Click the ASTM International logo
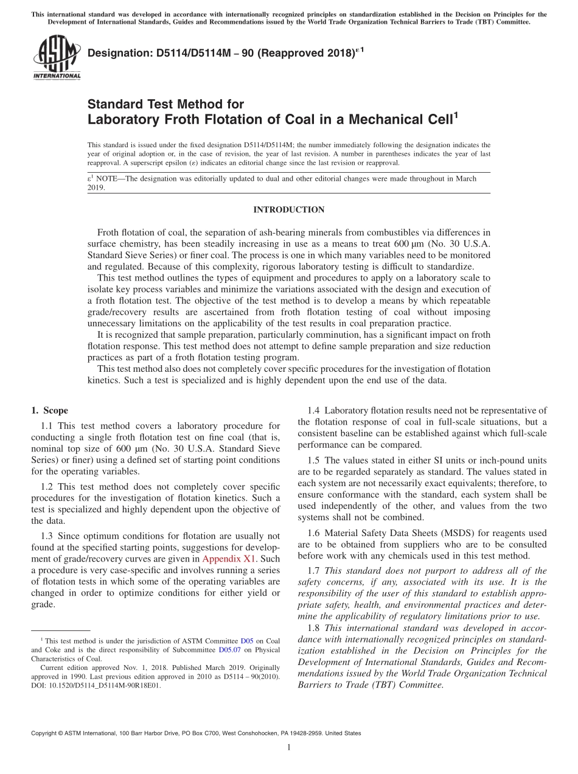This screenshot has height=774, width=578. (x=56, y=57)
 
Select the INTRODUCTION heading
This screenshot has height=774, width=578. (x=288, y=210)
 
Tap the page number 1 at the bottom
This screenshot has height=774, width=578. (x=289, y=747)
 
